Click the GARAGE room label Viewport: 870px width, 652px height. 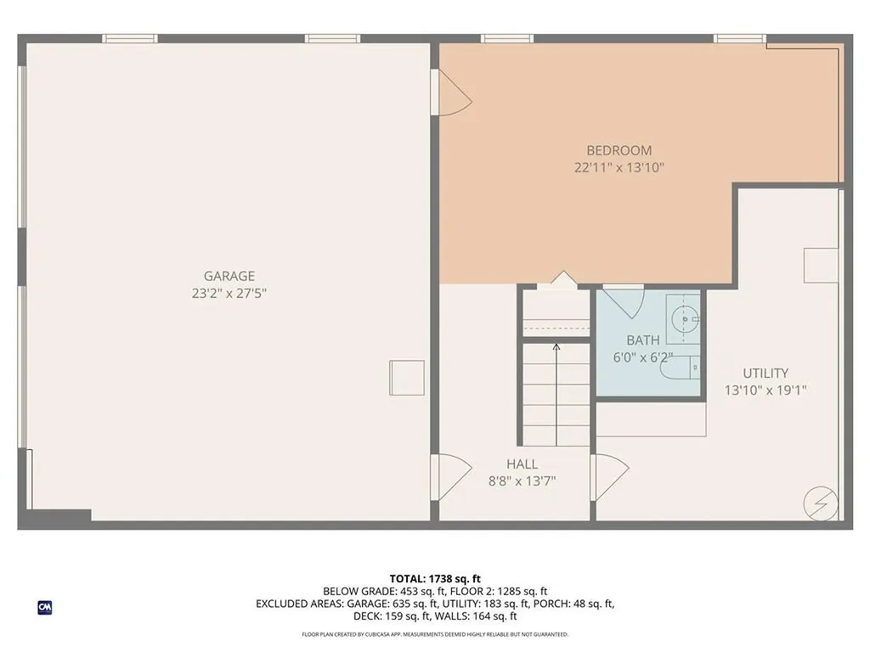point(229,276)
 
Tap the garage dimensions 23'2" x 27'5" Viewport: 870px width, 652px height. point(229,293)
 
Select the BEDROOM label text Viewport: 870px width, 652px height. point(619,150)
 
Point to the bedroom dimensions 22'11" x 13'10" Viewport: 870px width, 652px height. point(619,167)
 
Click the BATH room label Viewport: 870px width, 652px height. point(643,340)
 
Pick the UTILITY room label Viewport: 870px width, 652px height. point(765,373)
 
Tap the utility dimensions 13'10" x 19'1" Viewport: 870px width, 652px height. point(765,391)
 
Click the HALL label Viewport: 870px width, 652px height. point(522,464)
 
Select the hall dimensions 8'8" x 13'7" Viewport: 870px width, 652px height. point(522,481)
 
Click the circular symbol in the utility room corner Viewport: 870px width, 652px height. point(820,503)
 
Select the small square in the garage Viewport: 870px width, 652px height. point(406,377)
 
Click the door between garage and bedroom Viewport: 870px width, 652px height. point(450,93)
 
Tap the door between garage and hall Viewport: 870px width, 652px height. point(450,476)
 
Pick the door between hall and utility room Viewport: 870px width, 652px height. point(608,476)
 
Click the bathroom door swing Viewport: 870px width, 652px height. point(624,302)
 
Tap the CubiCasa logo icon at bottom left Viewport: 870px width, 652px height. point(44,607)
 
